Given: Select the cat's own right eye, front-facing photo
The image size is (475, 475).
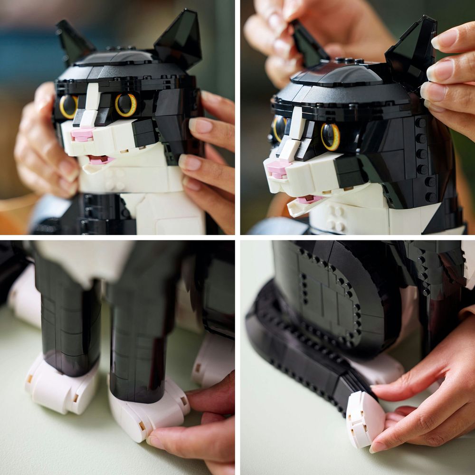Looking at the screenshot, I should pyautogui.click(x=69, y=106).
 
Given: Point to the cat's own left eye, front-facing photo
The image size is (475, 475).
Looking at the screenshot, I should pyautogui.click(x=126, y=104).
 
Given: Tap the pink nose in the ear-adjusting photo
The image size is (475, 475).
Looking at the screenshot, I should pyautogui.click(x=278, y=168).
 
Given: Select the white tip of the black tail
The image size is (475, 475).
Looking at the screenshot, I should pyautogui.click(x=364, y=418).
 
